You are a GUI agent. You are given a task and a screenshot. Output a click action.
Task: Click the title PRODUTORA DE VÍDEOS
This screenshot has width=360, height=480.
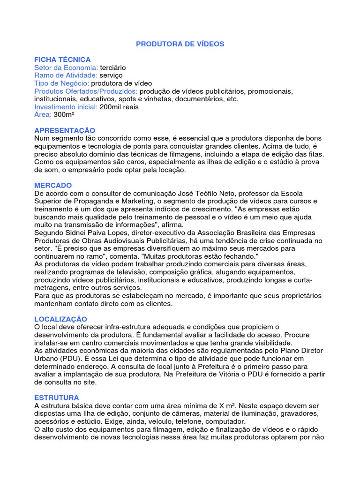(x=180, y=44)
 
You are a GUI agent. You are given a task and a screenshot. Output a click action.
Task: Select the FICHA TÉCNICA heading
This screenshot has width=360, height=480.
(x=62, y=60)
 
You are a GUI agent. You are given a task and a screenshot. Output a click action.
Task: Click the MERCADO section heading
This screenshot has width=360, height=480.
(x=53, y=186)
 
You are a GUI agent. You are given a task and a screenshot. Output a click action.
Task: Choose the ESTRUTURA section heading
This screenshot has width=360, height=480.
(x=57, y=397)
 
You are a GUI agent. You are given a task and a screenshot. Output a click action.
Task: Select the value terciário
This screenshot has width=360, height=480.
(x=113, y=67)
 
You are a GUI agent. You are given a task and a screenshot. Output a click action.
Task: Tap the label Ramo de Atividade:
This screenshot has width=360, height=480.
(x=66, y=75)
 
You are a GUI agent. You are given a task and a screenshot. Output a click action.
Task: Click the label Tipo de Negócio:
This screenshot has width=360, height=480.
(x=61, y=83)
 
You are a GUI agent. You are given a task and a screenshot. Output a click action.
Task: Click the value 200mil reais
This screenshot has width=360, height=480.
(x=120, y=107)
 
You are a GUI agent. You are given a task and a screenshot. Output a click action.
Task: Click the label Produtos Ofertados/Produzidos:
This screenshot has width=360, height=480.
(x=86, y=91)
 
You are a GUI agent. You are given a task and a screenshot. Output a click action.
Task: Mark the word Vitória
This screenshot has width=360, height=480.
(x=251, y=375)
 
